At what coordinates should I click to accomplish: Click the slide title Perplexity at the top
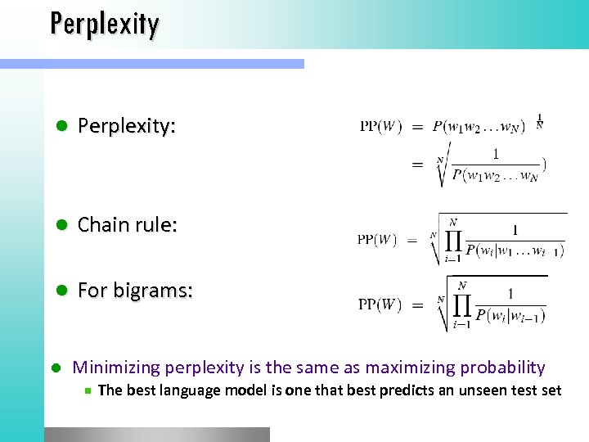point(104,24)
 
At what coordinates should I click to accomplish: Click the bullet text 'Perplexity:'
point(126,126)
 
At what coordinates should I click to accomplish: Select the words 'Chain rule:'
point(127,224)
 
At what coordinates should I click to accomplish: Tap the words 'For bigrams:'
point(135,291)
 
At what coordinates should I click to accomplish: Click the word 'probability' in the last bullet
point(503,368)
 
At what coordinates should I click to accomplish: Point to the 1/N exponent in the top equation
point(539,121)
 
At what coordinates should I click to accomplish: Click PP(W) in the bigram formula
point(380,305)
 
